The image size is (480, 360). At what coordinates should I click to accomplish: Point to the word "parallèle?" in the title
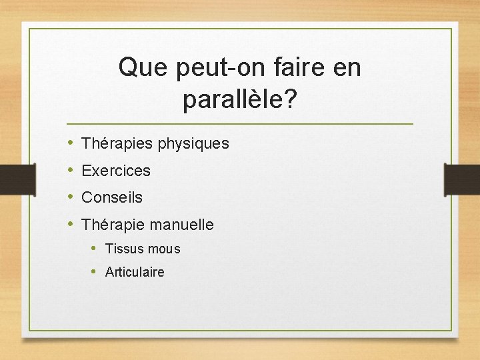tap(240, 100)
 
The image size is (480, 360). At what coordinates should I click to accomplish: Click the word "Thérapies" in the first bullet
tap(117, 143)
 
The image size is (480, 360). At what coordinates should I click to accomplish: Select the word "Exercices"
tap(116, 171)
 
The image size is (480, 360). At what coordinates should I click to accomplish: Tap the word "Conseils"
tap(112, 197)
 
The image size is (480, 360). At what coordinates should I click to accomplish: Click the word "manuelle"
tap(182, 225)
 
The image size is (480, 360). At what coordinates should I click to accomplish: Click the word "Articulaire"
tap(135, 272)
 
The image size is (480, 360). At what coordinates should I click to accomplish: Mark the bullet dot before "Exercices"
tap(71, 171)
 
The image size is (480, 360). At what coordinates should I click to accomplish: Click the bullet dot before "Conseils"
tap(71, 197)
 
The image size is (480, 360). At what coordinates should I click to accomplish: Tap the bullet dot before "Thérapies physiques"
tap(71, 143)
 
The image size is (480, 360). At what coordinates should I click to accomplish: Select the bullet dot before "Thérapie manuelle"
tap(71, 225)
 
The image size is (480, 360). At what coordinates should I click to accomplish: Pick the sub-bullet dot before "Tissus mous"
tap(95, 249)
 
